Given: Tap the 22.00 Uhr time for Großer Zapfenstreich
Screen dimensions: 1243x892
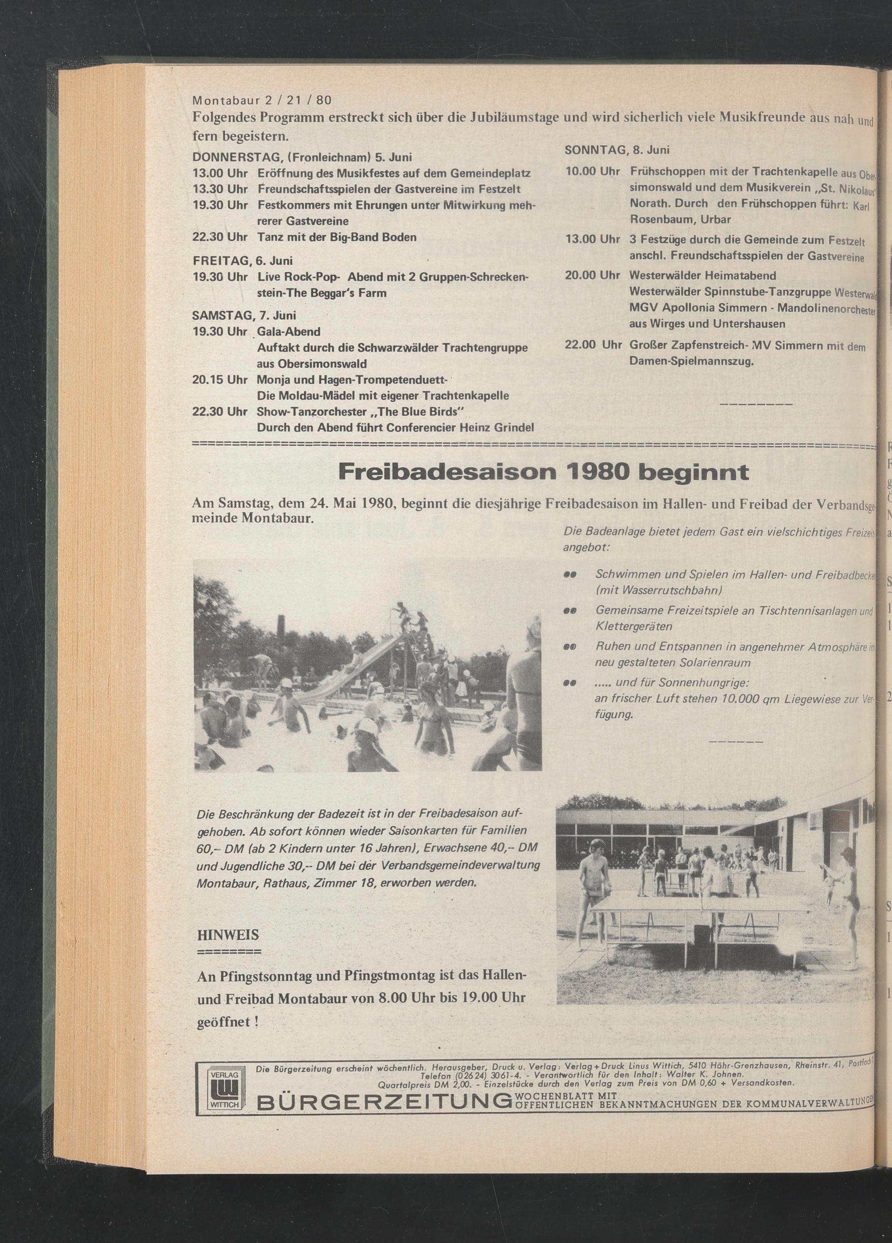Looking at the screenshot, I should [593, 346].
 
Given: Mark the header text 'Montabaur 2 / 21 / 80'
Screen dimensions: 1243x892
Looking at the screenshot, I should [262, 100].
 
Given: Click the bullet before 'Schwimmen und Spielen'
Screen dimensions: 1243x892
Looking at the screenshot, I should [569, 575].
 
